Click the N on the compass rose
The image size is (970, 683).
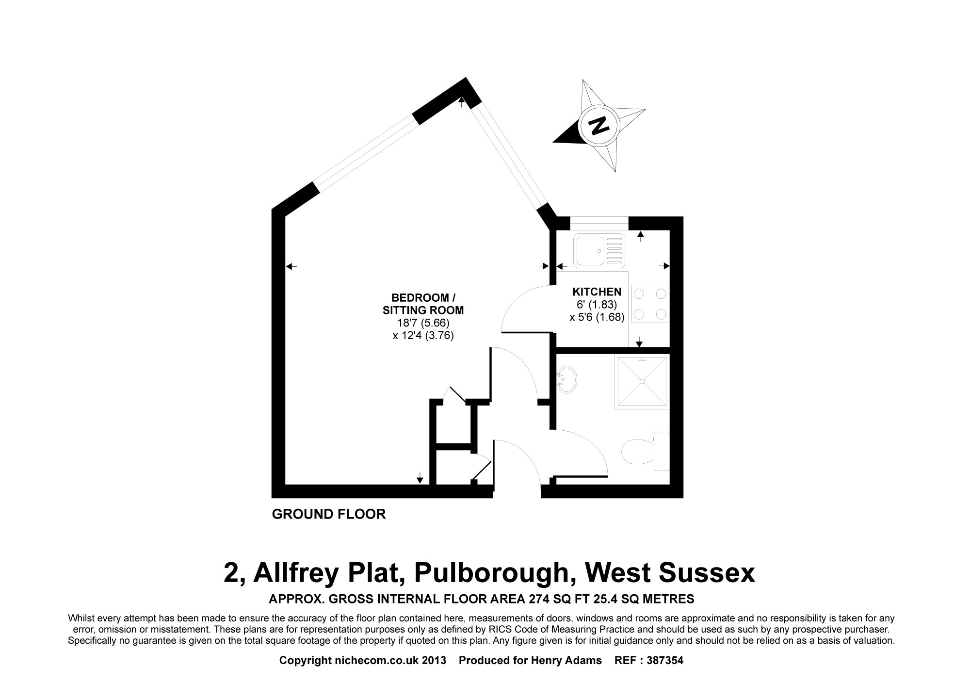[x=599, y=126]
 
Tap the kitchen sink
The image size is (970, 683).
[x=599, y=251]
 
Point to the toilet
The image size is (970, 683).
[x=645, y=452]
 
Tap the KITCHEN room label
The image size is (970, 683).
[x=597, y=292]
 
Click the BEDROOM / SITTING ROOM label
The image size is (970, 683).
[x=423, y=304]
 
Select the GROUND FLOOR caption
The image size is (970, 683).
[x=329, y=515]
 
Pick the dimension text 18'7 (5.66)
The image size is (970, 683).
[x=423, y=323]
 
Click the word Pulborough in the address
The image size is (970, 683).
[x=490, y=573]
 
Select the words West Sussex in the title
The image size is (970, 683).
[x=670, y=573]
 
